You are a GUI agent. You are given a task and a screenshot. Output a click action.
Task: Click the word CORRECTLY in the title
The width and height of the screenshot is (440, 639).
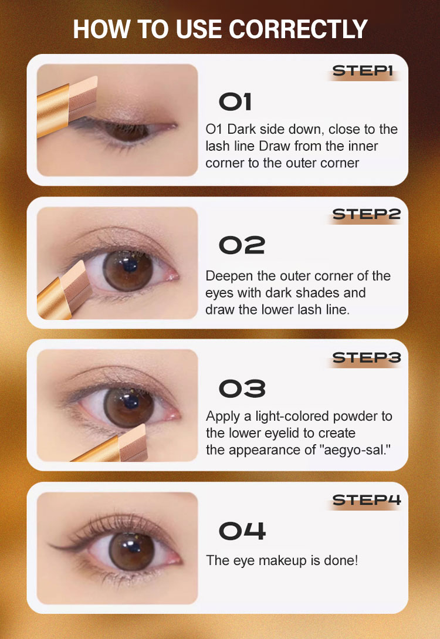[298, 29]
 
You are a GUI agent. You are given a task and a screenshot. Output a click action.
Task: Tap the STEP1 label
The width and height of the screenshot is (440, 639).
[363, 71]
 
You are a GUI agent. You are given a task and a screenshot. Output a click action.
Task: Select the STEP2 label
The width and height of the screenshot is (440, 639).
[366, 214]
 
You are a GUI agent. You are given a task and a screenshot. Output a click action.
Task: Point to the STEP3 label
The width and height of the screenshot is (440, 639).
[367, 358]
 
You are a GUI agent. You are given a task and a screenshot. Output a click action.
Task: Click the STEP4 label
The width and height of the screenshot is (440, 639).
[367, 500]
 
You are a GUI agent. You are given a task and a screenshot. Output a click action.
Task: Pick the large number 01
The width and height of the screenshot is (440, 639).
[235, 102]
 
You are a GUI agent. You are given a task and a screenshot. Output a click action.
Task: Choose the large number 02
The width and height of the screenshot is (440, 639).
[242, 245]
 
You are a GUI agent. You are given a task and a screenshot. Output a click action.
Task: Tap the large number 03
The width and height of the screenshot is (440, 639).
[242, 388]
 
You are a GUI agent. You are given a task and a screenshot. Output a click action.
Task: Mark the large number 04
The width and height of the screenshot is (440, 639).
[242, 532]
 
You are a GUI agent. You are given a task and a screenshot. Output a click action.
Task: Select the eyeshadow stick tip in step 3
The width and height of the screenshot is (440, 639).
[133, 443]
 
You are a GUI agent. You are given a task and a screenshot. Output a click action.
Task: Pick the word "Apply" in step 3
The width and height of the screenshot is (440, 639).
[223, 417]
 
